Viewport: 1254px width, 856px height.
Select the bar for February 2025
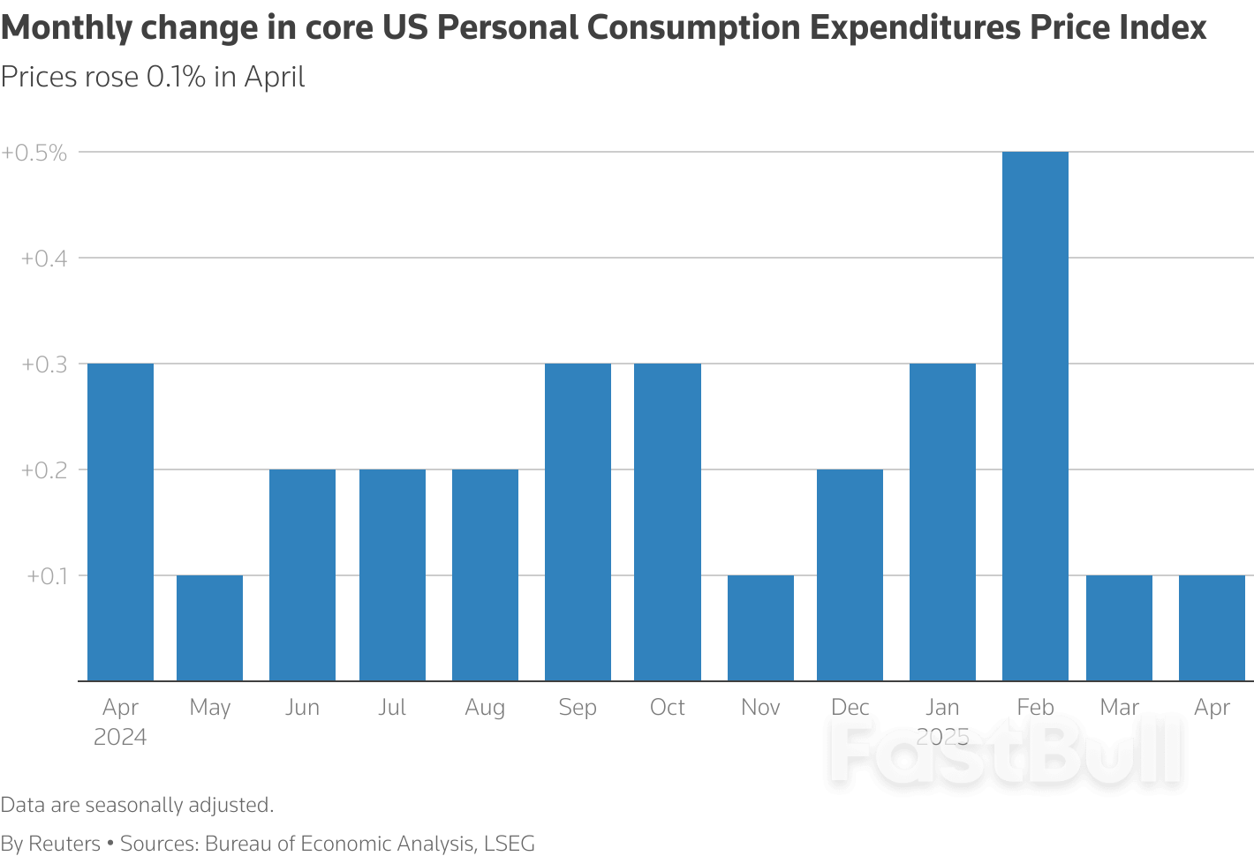[x=1035, y=416]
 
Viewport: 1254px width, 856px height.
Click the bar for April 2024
[x=120, y=522]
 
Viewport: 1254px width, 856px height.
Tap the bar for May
[x=209, y=627]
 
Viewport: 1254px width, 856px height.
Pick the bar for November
[x=760, y=627]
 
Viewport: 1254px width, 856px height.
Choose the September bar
[x=578, y=522]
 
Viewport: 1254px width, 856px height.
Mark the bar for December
[x=850, y=574]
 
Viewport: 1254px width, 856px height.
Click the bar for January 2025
[x=942, y=522]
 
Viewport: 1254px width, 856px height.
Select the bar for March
[x=1119, y=627]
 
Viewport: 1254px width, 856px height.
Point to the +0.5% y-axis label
[x=34, y=153]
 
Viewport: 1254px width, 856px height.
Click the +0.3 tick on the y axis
[x=44, y=364]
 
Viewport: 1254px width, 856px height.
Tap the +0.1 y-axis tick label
[x=47, y=576]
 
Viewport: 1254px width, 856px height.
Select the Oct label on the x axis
[x=667, y=707]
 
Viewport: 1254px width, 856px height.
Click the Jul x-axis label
[x=391, y=707]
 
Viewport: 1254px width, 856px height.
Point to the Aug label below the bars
[x=485, y=708]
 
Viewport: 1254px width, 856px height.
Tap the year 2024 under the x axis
[x=120, y=737]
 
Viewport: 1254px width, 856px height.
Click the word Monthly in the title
[x=66, y=28]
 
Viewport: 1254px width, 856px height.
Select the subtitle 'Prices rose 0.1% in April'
[x=153, y=77]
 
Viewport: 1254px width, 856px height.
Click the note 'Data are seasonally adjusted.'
[x=137, y=805]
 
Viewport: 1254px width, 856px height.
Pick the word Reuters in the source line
[x=64, y=844]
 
